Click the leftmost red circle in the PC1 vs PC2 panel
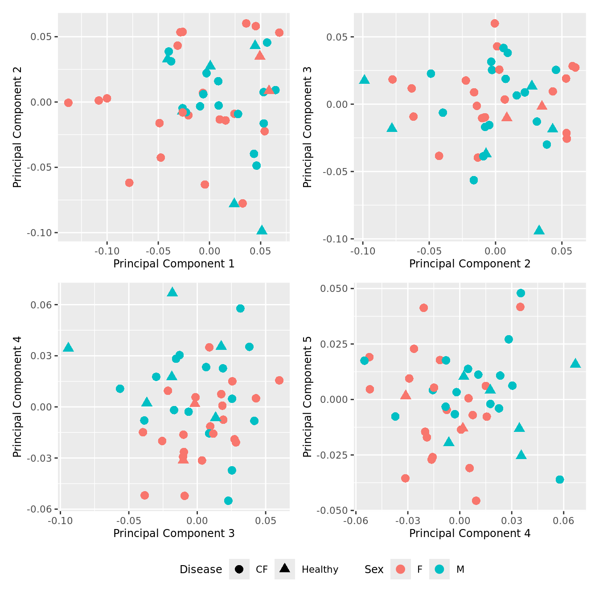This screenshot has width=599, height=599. pos(68,103)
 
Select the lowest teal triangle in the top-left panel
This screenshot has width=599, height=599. pos(262,230)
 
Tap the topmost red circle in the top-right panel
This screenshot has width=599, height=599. pos(495,24)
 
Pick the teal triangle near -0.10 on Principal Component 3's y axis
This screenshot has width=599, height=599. pos(539,230)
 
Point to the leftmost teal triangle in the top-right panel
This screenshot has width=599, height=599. pos(365,80)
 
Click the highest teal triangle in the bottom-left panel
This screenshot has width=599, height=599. pos(172,292)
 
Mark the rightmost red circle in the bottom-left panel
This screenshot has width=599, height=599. pos(279,380)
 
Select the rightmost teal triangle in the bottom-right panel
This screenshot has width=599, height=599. pos(575,364)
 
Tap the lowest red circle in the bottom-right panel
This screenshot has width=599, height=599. pos(476,501)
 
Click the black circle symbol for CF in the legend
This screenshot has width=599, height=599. pos(239,570)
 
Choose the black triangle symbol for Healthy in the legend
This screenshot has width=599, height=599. pos(285,569)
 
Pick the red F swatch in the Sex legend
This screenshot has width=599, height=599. pos(401,570)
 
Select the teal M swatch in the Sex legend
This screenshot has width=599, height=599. pos(439,570)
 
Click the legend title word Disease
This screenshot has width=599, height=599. pos(201,570)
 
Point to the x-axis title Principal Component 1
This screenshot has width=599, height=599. pos(174,264)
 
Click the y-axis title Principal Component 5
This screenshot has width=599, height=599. pos(307,397)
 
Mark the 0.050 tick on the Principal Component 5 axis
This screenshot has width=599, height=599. pos(334,289)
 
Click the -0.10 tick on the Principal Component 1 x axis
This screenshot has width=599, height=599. pos(107,251)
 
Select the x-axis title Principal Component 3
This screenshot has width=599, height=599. pos(174,533)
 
